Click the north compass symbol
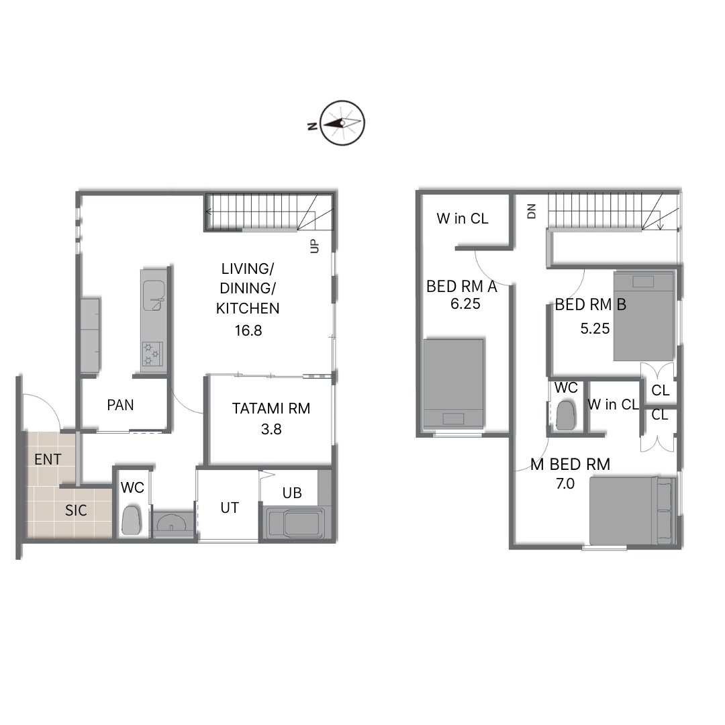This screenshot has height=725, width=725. coord(342,123)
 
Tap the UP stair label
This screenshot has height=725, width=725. coord(314,246)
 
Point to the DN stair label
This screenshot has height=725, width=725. coord(531,211)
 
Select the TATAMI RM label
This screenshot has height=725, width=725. coord(271,408)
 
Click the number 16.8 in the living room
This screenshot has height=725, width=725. coord(248,330)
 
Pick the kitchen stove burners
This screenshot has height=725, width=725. coord(152,354)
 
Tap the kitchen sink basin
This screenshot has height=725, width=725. coord(154,295)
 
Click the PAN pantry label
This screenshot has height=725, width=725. coord(120,405)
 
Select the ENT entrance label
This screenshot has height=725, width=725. coord(48,460)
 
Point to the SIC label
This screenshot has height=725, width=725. coord(76,510)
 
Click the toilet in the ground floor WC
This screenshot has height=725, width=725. coord(131,521)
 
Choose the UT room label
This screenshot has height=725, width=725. coord(230,507)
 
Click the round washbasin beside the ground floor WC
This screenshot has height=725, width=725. coord(172,522)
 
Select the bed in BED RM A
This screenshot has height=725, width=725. coord(454,383)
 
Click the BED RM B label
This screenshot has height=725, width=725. coord(591,305)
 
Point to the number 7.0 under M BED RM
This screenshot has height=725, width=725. coord(565,483)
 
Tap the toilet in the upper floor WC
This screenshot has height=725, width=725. coord(565,416)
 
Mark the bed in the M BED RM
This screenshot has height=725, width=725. coord(632,511)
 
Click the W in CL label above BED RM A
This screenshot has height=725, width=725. coord(463,219)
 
